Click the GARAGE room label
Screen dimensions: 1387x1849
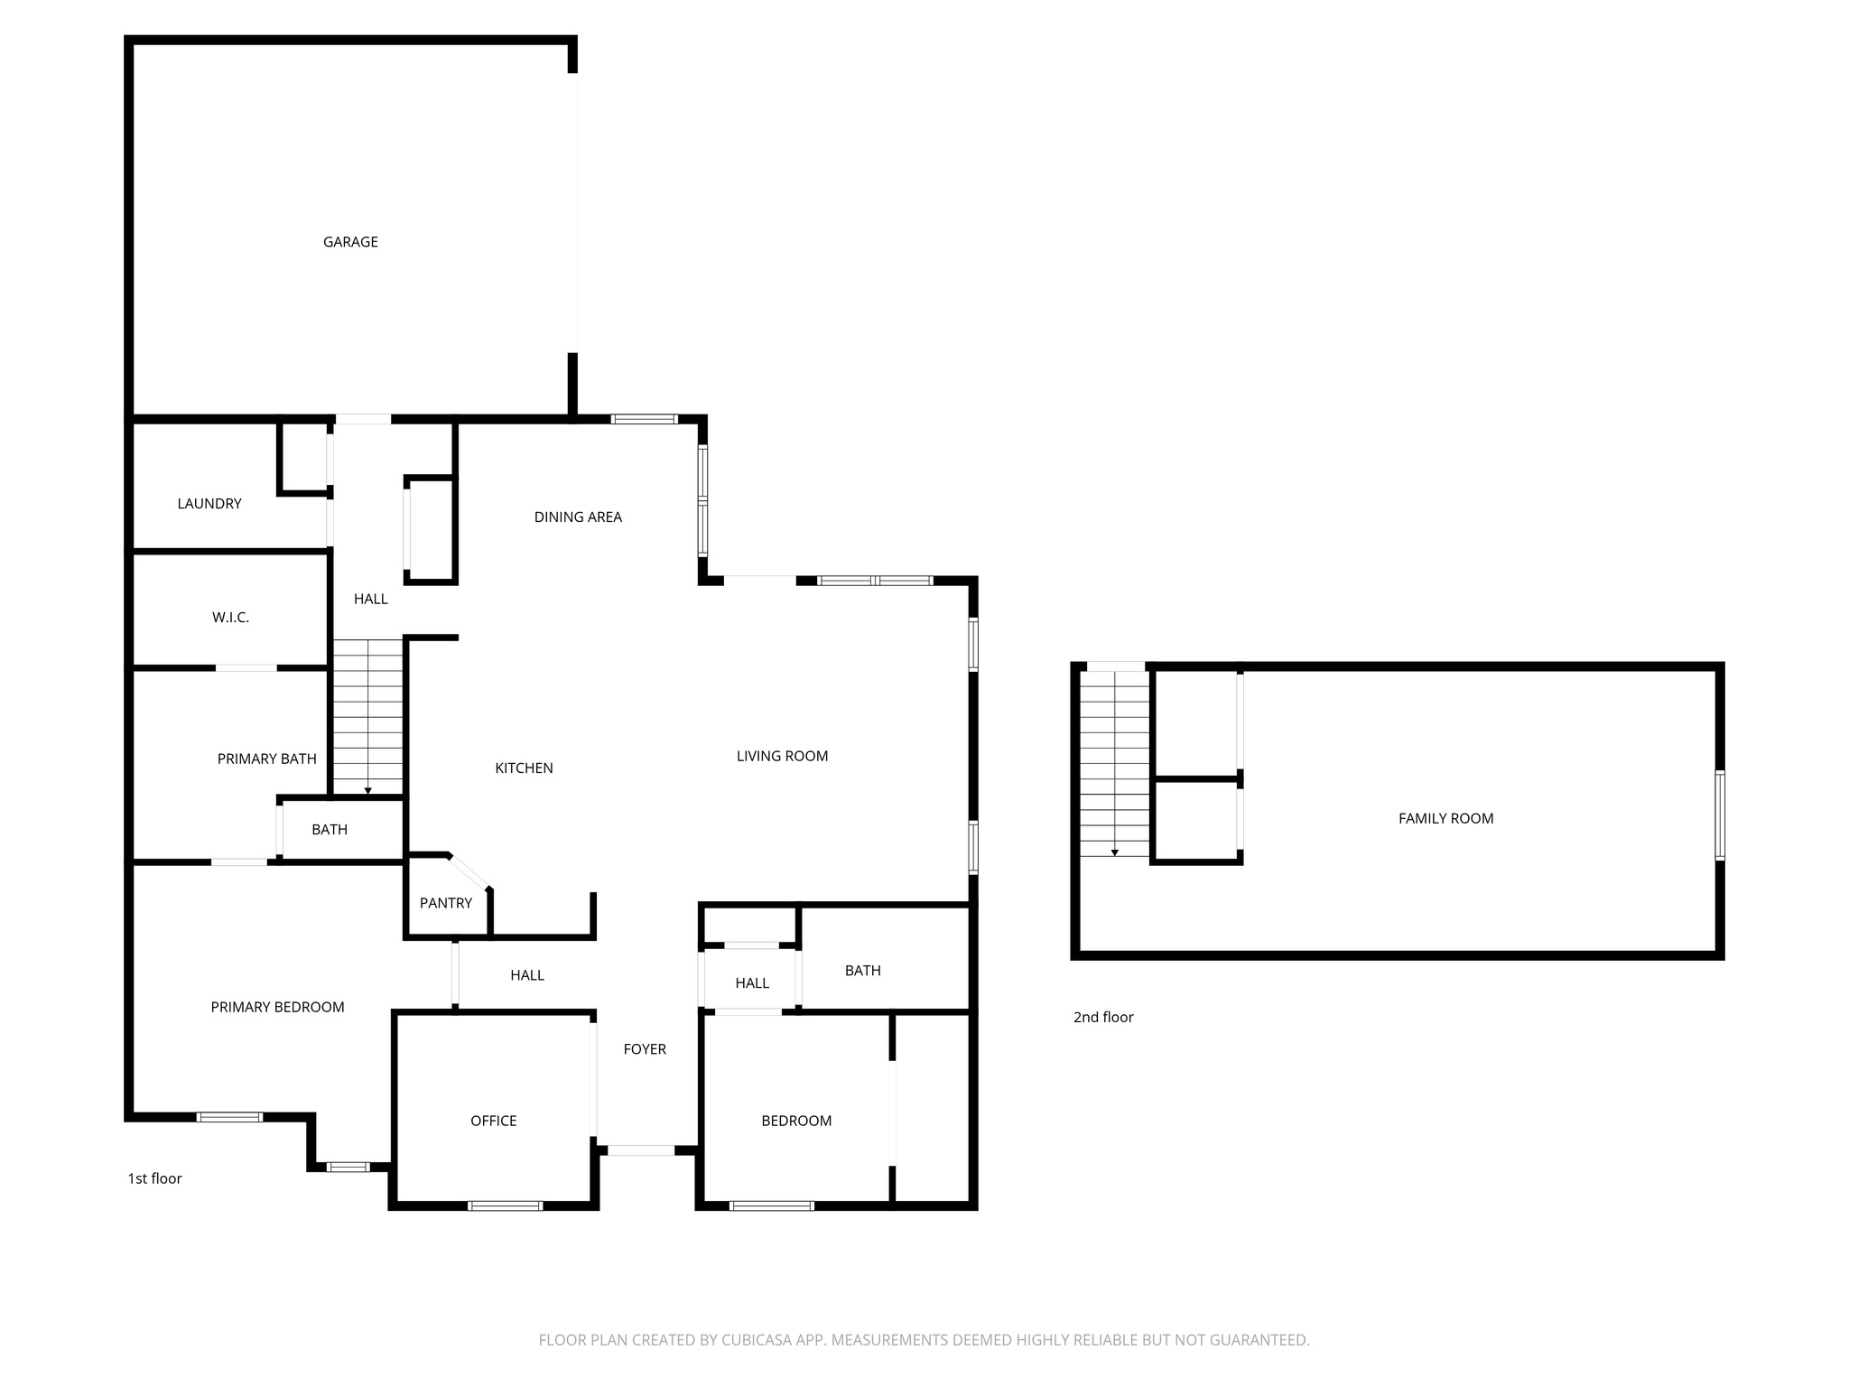point(350,242)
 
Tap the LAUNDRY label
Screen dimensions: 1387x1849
point(209,504)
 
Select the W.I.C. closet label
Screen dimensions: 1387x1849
point(230,618)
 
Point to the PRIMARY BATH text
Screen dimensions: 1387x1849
point(266,759)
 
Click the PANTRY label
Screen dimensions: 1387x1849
point(446,903)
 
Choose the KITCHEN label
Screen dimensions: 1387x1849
point(524,768)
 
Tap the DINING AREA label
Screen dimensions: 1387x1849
point(578,517)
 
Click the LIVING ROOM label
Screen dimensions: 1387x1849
point(782,756)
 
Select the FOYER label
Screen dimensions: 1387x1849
point(645,1048)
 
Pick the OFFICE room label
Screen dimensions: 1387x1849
point(493,1121)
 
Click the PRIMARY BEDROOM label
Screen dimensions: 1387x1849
point(277,1007)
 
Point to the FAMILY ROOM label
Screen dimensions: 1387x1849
point(1445,818)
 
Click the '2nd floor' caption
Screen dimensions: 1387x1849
point(1102,1017)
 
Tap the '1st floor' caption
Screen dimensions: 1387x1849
point(154,1178)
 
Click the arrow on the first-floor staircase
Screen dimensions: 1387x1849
point(367,790)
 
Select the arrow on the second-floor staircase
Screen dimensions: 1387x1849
point(1115,852)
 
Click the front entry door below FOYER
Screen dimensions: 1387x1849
point(640,1150)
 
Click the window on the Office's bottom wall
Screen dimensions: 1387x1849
point(505,1205)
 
